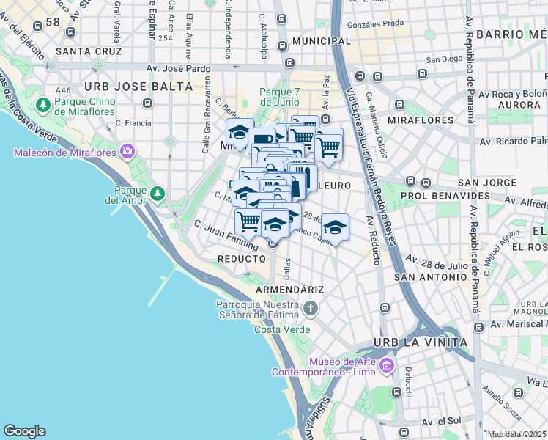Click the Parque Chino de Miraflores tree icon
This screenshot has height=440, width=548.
44,105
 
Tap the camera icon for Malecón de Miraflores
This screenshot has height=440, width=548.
128,152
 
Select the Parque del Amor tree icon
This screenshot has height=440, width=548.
158,194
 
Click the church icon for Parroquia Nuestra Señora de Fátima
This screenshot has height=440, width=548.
311,309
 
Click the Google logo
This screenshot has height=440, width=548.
24,431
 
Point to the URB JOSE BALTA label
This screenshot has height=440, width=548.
138,86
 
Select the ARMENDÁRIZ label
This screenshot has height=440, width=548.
289,290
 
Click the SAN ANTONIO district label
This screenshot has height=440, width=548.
430,276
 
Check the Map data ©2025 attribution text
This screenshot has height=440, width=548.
516,434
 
